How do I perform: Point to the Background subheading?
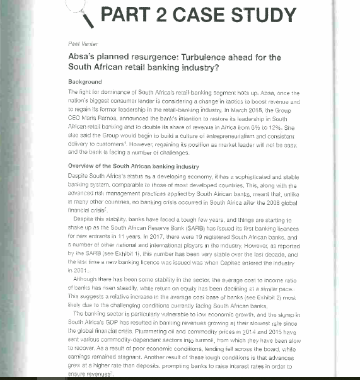click(84, 83)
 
